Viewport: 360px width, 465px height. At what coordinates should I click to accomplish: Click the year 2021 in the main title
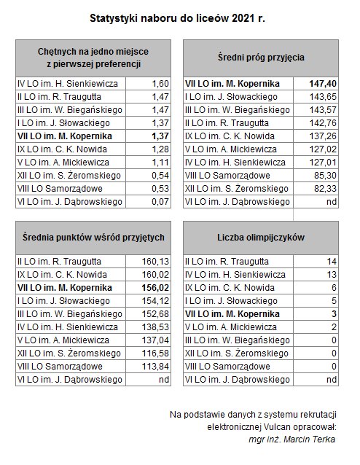click(242, 18)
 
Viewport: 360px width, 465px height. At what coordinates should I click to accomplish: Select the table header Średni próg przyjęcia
click(261, 58)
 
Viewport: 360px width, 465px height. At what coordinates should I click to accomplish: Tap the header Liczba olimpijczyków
click(261, 238)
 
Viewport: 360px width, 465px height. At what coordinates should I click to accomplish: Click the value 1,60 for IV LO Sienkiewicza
click(160, 84)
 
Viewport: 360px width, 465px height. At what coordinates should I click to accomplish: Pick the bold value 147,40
click(323, 84)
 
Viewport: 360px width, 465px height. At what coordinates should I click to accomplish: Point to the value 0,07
click(160, 202)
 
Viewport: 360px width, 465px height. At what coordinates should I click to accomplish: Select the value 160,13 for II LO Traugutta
click(155, 262)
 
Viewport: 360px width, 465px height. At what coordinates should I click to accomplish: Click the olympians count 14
click(332, 262)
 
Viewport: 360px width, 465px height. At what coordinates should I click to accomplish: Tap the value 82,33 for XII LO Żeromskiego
click(326, 189)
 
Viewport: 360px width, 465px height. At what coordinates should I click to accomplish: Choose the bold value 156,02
click(155, 288)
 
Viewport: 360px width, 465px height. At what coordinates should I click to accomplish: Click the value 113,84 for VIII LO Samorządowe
click(155, 367)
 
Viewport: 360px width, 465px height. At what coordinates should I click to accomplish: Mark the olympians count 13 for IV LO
click(332, 275)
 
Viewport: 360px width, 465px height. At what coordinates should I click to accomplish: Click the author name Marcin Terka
click(309, 439)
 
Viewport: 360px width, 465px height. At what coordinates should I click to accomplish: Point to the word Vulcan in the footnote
click(277, 427)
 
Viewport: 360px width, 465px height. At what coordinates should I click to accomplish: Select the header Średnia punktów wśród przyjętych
click(93, 238)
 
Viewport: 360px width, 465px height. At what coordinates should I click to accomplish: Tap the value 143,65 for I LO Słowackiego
click(324, 97)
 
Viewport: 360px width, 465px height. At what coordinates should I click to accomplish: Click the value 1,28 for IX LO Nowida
click(160, 149)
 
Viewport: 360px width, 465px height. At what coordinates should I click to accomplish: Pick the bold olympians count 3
click(334, 313)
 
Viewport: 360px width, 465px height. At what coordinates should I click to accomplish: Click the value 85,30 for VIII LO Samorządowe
click(326, 176)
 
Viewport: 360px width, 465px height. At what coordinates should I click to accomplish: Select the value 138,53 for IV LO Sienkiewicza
click(155, 327)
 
